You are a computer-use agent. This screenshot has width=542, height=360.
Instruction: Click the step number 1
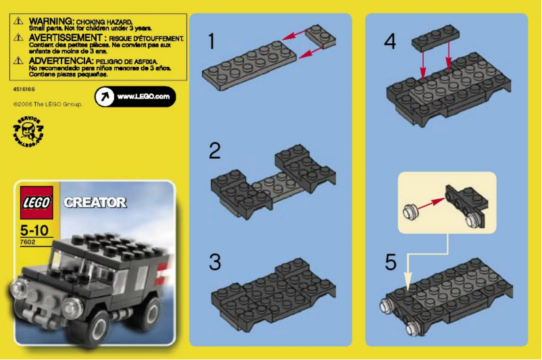click(x=211, y=41)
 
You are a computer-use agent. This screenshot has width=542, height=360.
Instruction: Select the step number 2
click(x=214, y=150)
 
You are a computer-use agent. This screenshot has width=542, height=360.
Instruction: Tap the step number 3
click(x=214, y=261)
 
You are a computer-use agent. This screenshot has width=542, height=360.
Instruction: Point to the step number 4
click(x=390, y=41)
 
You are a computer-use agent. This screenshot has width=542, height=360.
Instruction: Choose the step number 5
click(x=391, y=261)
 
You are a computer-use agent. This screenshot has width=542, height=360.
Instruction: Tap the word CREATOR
click(x=95, y=202)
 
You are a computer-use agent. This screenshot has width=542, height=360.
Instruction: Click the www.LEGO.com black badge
click(x=134, y=97)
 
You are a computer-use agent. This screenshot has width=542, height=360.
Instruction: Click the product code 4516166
click(x=24, y=89)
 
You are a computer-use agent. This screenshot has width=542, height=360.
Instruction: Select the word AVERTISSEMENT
click(x=66, y=39)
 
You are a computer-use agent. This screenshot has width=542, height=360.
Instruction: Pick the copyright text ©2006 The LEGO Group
click(x=47, y=105)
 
